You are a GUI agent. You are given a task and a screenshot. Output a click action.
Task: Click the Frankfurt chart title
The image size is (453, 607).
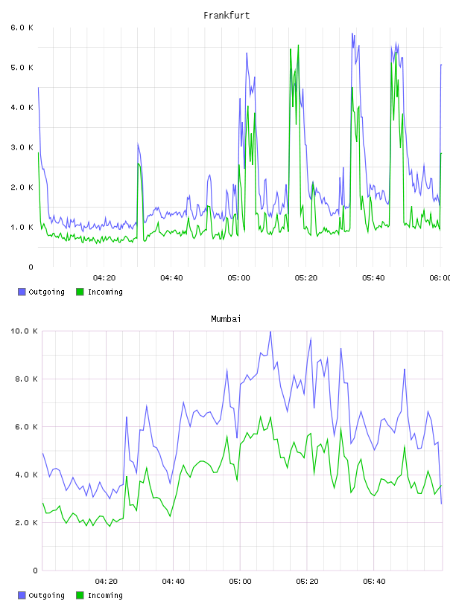coord(226,16)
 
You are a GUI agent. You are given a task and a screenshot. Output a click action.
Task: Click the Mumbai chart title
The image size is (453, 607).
coord(226,319)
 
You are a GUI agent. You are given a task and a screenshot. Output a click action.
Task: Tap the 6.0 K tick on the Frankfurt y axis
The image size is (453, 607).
coord(22,28)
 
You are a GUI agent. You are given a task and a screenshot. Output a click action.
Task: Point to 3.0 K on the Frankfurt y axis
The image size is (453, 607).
coord(22,147)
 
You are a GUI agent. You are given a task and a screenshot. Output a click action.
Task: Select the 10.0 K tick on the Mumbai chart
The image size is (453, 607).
coord(24,331)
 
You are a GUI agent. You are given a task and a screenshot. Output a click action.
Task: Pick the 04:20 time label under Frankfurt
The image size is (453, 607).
coord(104,278)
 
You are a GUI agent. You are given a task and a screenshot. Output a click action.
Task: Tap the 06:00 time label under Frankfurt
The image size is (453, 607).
coord(440,278)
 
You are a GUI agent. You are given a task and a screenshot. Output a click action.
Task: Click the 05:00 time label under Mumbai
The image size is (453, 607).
coord(240,582)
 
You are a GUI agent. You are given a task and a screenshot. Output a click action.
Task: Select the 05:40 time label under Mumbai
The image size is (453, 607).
coord(374,582)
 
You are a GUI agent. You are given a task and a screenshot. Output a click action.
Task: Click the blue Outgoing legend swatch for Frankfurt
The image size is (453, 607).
coord(22,292)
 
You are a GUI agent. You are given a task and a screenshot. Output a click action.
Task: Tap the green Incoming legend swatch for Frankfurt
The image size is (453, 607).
coord(80,292)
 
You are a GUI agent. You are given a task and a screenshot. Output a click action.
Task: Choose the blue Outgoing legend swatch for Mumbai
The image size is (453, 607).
coord(22,595)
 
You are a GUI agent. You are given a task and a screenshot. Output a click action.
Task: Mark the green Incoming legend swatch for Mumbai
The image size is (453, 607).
coord(80,595)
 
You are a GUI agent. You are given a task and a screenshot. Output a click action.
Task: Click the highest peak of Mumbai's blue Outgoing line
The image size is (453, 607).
coord(270,332)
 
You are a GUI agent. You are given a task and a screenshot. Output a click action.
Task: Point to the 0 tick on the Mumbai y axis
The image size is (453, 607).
coord(35,571)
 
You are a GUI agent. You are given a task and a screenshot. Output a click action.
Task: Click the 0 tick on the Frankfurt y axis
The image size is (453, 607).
coord(31,267)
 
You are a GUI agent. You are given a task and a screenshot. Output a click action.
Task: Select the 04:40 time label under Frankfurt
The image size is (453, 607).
coord(171,278)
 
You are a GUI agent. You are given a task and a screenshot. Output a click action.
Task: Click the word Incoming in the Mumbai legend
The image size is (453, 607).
coord(105,596)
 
